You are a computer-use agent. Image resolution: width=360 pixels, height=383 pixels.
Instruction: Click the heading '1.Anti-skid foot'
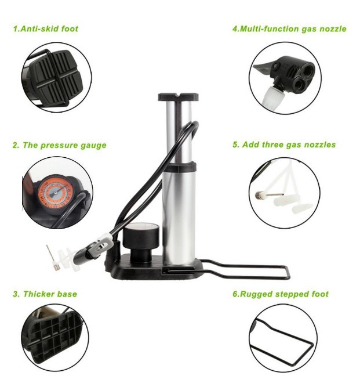click(46, 29)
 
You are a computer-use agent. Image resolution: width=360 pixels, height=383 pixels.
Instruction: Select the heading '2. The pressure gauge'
click(60, 145)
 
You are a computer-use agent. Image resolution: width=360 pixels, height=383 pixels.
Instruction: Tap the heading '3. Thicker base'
click(45, 294)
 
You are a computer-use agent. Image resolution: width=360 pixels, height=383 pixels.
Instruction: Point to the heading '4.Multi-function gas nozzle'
click(289, 29)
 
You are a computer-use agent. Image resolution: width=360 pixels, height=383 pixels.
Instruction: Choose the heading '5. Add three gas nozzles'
click(284, 144)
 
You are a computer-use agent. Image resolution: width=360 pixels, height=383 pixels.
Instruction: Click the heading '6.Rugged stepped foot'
click(281, 294)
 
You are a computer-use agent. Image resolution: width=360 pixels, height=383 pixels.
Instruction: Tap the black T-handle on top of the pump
click(178, 97)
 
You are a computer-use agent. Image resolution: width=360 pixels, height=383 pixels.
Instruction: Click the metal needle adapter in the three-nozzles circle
click(269, 195)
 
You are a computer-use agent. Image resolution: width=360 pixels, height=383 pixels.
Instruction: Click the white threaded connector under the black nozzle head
click(273, 96)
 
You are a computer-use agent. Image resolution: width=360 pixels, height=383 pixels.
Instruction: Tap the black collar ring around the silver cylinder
click(180, 167)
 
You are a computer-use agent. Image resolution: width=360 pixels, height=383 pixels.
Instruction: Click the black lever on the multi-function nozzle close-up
click(263, 67)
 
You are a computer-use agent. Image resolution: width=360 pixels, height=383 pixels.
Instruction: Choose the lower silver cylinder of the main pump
click(179, 218)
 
